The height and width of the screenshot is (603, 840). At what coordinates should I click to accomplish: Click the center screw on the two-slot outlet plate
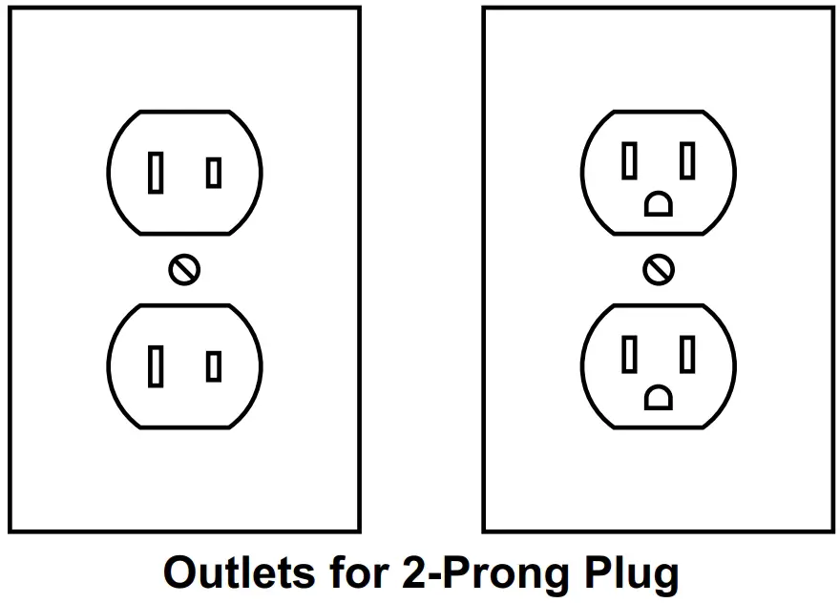click(184, 270)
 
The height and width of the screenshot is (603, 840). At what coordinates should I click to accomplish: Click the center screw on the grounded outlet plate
click(658, 270)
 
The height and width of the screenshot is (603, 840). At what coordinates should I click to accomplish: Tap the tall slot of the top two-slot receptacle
click(156, 174)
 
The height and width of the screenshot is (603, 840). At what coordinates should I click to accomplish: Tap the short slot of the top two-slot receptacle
click(214, 174)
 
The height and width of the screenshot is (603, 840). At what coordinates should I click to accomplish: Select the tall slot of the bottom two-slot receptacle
click(156, 366)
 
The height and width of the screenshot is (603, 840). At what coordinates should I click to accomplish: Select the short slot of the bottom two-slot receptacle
click(214, 366)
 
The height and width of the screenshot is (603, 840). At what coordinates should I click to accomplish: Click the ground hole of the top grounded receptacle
click(659, 204)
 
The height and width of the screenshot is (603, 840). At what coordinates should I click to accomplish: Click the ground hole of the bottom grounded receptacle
click(659, 397)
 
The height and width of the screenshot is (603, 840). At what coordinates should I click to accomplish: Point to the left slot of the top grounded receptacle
click(629, 160)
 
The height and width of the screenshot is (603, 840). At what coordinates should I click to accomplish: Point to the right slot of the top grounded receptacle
click(687, 160)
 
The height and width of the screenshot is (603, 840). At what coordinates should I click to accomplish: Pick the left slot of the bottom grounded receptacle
click(629, 354)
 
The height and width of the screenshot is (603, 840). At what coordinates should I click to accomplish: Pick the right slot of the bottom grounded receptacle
click(687, 354)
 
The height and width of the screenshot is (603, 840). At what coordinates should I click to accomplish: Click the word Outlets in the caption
click(239, 573)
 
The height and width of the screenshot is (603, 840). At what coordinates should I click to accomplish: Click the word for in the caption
click(352, 573)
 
